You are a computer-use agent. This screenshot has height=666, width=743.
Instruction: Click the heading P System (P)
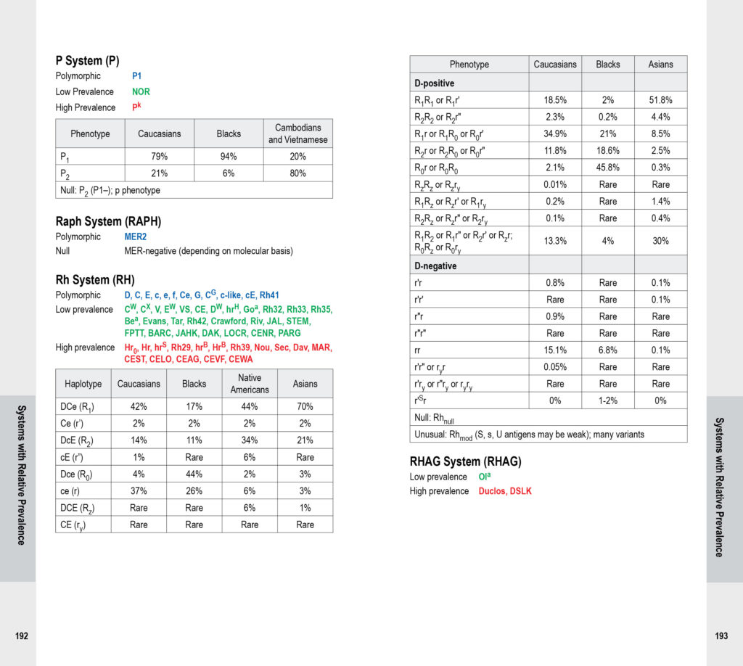pos(88,61)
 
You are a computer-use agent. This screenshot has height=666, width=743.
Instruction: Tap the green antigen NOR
pos(141,91)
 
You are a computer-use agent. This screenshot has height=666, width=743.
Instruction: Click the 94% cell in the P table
pos(229,157)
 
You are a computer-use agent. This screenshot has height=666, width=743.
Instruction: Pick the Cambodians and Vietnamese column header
pos(297,133)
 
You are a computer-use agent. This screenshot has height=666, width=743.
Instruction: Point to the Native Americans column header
pos(250,383)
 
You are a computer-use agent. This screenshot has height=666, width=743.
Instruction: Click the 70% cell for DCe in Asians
pos(305,407)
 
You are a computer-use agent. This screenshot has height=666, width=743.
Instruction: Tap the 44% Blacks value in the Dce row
pos(194,474)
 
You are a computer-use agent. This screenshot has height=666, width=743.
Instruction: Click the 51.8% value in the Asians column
pos(660,100)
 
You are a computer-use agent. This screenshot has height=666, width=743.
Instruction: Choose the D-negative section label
pos(435,266)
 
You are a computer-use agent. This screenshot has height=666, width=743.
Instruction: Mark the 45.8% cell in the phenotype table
pos(607,168)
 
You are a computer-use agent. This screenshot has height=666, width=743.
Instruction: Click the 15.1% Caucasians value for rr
pos(555,350)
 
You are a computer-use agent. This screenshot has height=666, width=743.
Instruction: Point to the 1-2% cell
pos(607,400)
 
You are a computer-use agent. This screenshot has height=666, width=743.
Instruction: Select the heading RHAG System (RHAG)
pos(466,461)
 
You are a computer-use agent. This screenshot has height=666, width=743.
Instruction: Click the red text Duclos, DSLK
pos(505,491)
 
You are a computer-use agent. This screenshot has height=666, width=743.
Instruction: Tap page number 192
pos(22,636)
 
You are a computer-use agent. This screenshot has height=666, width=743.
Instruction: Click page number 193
pos(721,636)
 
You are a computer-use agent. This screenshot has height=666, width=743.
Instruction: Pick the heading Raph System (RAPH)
pos(108,221)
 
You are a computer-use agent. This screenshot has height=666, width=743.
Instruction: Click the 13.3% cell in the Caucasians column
pos(555,241)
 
